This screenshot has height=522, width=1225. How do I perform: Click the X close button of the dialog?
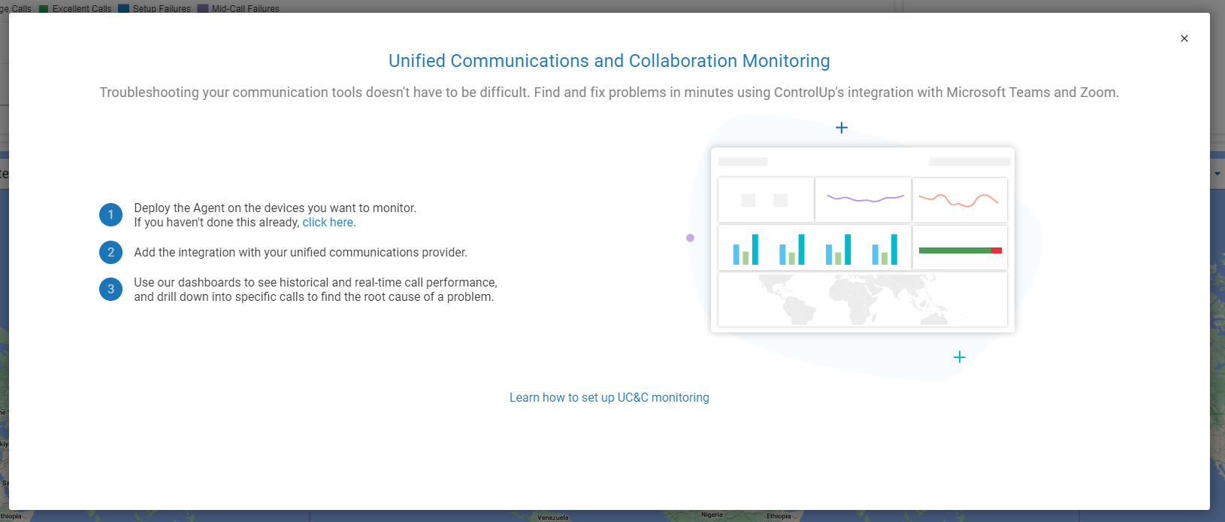pos(1184,38)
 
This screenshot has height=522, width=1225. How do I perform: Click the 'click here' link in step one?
pos(328,222)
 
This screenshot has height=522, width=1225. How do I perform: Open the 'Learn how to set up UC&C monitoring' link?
pos(609,397)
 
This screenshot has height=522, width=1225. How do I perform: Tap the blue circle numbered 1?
pos(110,214)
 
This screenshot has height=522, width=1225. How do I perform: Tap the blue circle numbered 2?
pos(110,252)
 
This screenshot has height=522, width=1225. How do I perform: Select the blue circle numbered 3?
pos(110,289)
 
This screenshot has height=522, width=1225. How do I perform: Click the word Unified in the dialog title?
pos(416,61)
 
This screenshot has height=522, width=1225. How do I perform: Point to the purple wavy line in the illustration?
pos(865,199)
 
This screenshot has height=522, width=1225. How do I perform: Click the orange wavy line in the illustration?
pos(958,200)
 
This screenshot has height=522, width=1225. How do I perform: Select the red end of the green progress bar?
pos(997,250)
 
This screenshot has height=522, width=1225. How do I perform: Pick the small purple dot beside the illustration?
pos(690,238)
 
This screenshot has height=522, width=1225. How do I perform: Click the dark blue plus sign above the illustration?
pos(842,127)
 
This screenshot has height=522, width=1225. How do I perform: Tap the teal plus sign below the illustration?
pos(959,357)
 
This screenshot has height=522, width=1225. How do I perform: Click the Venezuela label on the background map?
pos(553,517)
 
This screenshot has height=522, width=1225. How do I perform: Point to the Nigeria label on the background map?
pos(712,515)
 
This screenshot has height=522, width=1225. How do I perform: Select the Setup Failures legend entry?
pos(155,9)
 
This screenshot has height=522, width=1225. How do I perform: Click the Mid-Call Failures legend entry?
pos(238,9)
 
